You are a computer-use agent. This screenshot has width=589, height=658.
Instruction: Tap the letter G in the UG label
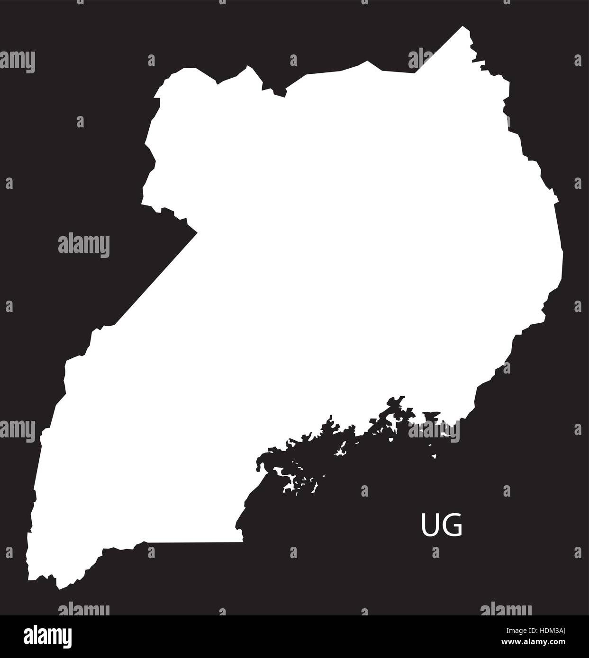click(453, 527)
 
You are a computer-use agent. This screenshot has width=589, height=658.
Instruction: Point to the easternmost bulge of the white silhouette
click(562, 256)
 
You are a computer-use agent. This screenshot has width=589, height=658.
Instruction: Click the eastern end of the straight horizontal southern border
click(243, 542)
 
